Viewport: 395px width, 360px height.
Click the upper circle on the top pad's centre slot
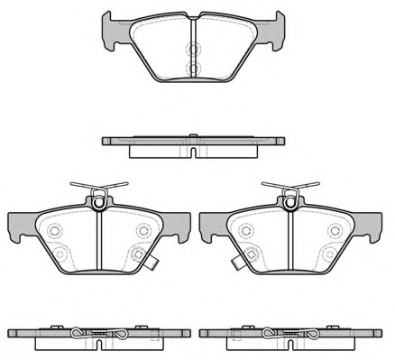click(x=191, y=51)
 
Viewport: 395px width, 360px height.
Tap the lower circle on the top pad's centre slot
click(x=191, y=68)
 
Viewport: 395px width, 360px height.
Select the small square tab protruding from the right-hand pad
click(x=236, y=265)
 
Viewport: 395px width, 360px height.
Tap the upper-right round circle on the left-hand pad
click(x=141, y=231)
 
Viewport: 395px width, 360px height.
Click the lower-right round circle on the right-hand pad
click(x=333, y=254)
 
